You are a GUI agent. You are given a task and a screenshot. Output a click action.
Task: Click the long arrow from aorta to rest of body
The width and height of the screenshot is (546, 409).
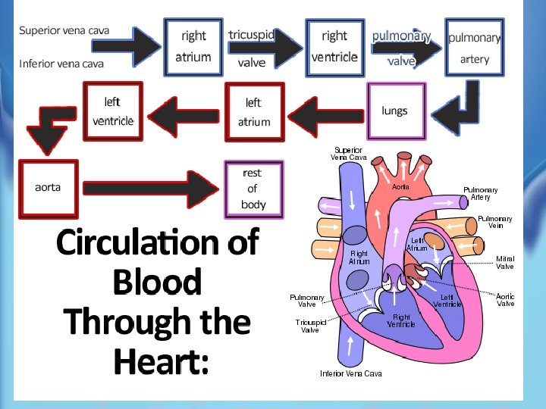(x=151, y=189)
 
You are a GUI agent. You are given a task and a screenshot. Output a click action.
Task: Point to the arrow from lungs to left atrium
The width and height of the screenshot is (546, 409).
(x=326, y=117)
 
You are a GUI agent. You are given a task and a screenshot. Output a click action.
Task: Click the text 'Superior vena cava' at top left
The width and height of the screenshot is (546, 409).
(x=64, y=30)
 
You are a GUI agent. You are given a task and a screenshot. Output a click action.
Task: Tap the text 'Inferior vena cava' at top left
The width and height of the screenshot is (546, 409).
(x=61, y=64)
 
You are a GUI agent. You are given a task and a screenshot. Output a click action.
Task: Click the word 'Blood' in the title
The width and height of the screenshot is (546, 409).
(x=158, y=282)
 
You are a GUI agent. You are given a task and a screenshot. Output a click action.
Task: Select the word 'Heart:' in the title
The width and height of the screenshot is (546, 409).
(x=162, y=361)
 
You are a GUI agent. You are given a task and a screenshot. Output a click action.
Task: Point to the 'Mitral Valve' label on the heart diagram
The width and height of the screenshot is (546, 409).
(x=505, y=263)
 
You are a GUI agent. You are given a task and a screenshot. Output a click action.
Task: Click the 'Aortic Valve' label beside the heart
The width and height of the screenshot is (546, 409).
(x=505, y=300)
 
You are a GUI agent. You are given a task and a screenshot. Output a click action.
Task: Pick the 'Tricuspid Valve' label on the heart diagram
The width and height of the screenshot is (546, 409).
(x=310, y=326)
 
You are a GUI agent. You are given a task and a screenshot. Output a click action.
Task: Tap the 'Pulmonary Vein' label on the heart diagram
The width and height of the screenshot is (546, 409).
(x=494, y=222)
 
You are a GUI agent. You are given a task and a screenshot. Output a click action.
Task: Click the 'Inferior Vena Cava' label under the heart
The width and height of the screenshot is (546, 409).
(x=351, y=373)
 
